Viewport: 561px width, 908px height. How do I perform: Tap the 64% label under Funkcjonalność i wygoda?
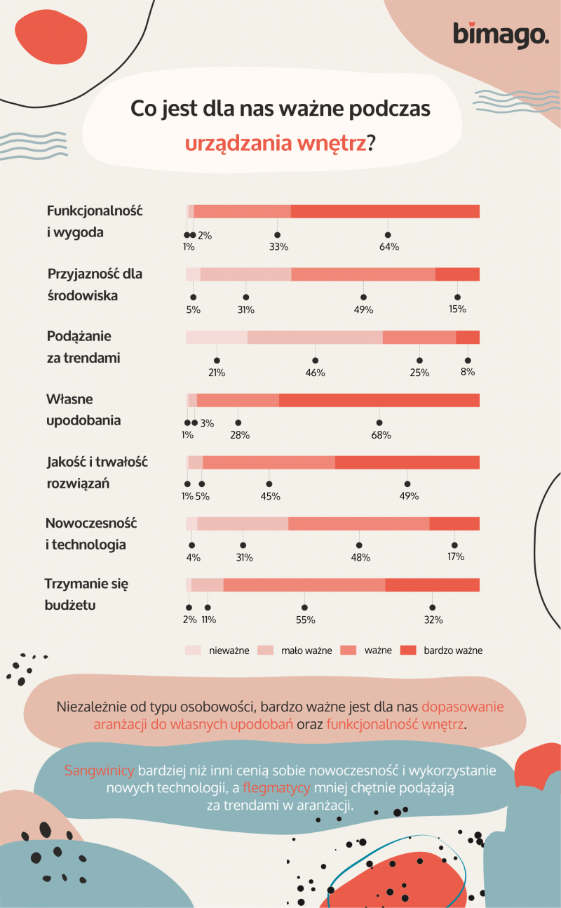pos(389,246)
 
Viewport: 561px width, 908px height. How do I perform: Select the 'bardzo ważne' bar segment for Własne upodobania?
pos(379,400)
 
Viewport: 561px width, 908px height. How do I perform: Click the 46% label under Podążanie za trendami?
pos(315,373)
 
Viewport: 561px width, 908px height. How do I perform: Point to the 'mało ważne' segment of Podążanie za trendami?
pos(315,338)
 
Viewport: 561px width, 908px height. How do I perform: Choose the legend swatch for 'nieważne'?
pos(193,650)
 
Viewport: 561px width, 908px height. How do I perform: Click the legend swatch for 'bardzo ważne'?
pos(408,650)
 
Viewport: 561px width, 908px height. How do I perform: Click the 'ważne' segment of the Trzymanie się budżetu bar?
pos(304,585)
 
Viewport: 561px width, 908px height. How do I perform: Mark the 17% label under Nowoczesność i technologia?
pos(456,557)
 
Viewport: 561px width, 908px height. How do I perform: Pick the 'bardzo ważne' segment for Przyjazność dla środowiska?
pos(457,274)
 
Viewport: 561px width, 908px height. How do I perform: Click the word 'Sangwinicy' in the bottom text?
pos(99,770)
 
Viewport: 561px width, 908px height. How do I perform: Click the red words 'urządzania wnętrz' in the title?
pos(276,143)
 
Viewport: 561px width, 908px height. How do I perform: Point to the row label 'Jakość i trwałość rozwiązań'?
pos(97,472)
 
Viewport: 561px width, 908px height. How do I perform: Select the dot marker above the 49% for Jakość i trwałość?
pos(407,483)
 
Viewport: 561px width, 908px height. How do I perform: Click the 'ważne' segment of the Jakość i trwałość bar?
pos(269,462)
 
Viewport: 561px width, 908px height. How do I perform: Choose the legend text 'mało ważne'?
pos(306,651)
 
